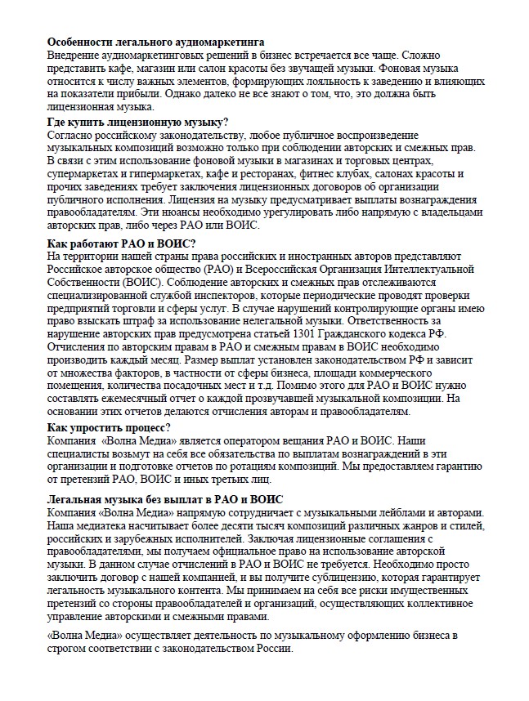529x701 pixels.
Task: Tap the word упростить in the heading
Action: tap(103, 428)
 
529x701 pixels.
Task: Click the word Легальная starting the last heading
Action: tap(80, 499)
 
